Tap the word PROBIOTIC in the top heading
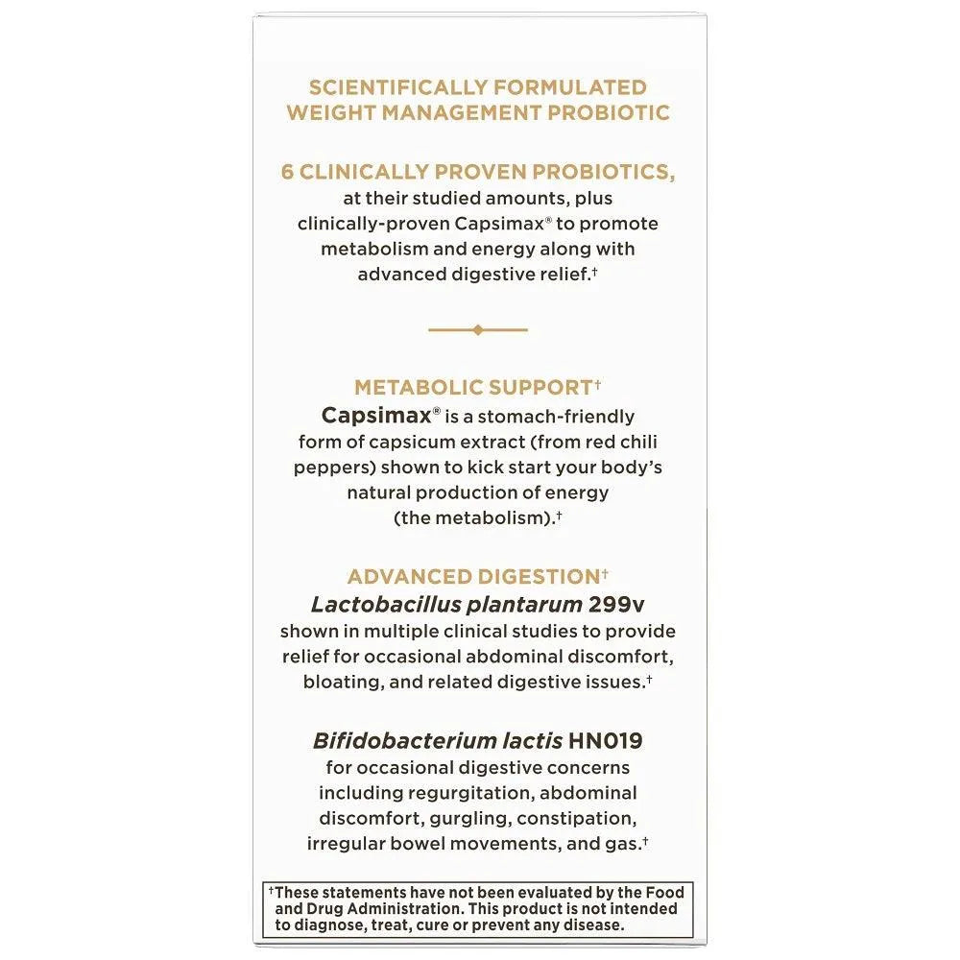[x=609, y=112]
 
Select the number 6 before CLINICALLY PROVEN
[x=287, y=172]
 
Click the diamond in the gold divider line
[x=478, y=329]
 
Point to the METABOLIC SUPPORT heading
[x=472, y=388]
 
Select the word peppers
[x=334, y=467]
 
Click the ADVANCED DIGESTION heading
[x=473, y=577]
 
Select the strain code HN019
[x=606, y=741]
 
